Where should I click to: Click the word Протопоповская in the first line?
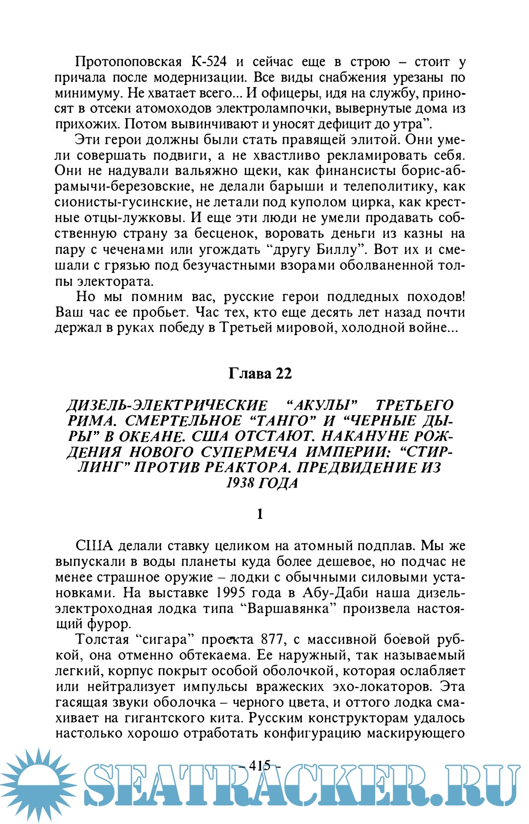click(128, 62)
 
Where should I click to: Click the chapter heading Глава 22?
click(260, 374)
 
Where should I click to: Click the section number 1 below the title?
click(260, 514)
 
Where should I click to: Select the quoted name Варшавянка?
click(291, 608)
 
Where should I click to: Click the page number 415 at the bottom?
click(260, 765)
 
